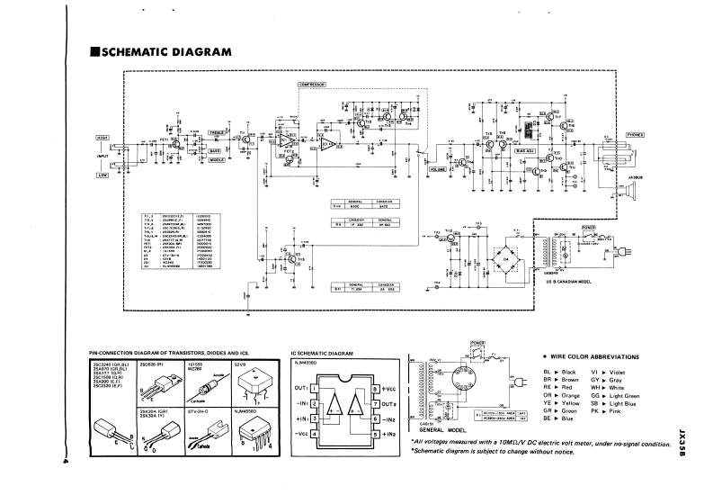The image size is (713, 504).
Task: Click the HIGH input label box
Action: coord(102,137)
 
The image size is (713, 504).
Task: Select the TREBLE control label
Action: coord(218,133)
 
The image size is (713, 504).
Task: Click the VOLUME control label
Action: coord(437,169)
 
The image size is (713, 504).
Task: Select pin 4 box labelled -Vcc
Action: coord(316,435)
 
